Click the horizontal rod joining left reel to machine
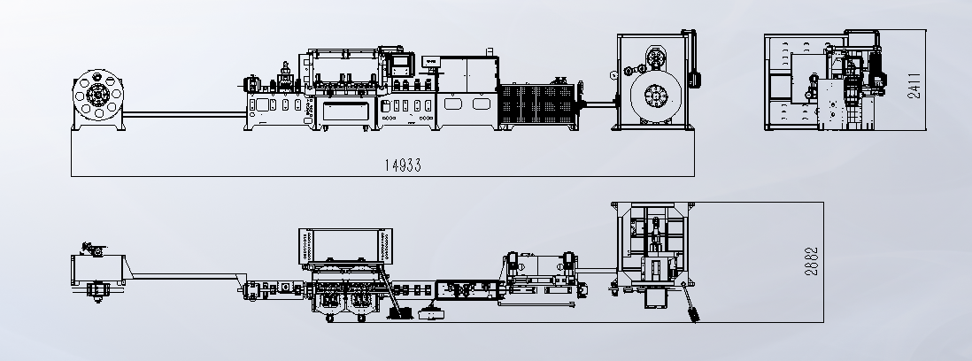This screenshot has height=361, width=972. point(183,112)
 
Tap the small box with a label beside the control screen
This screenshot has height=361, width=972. point(432,63)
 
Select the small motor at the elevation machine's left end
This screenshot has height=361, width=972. point(251,83)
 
